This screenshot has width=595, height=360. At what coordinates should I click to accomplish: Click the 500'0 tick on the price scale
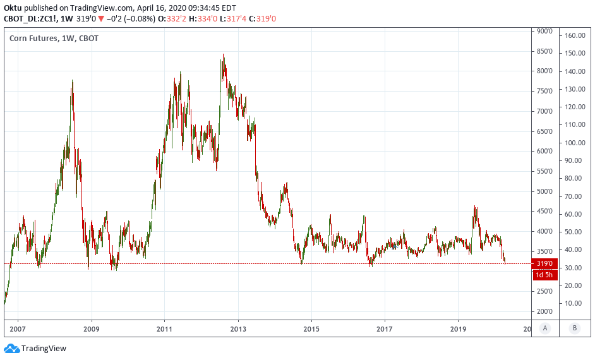pyautogui.click(x=544, y=191)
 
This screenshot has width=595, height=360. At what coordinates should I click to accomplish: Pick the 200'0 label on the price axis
pyautogui.click(x=544, y=312)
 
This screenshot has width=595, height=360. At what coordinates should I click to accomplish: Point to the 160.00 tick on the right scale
pyautogui.click(x=574, y=35)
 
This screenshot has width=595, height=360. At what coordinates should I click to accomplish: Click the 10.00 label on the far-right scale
pyautogui.click(x=574, y=303)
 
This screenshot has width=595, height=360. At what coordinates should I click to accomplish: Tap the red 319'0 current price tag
pyautogui.click(x=544, y=263)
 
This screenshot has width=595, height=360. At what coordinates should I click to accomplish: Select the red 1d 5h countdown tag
pyautogui.click(x=544, y=275)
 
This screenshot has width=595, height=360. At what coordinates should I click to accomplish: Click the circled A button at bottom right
pyautogui.click(x=544, y=328)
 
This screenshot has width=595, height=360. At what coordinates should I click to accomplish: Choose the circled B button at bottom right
pyautogui.click(x=574, y=328)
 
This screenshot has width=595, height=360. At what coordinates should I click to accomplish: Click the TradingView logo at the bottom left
pyautogui.click(x=35, y=348)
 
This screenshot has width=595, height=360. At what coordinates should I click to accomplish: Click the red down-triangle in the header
pyautogui.click(x=101, y=19)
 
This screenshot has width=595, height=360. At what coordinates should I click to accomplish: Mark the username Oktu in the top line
pyautogui.click(x=13, y=7)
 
